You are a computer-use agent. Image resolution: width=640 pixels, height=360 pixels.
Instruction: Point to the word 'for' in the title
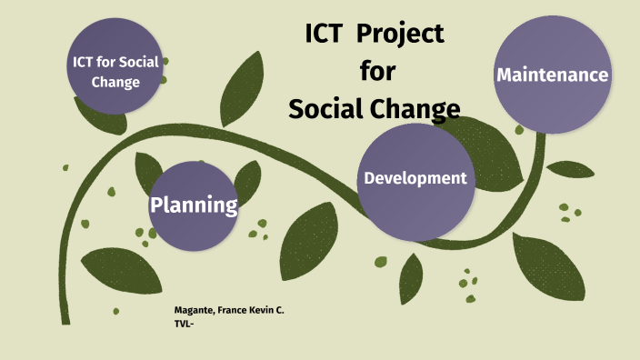tap(377, 71)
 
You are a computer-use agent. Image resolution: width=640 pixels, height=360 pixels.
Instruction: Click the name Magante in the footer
tap(193, 311)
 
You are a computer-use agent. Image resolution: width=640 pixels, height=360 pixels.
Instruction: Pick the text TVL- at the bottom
tap(185, 323)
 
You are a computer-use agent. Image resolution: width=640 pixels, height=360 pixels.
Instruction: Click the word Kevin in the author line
tap(259, 311)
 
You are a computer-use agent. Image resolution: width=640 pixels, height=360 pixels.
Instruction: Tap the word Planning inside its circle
tap(194, 205)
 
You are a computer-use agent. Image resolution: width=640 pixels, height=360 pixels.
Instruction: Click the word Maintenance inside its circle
tap(552, 75)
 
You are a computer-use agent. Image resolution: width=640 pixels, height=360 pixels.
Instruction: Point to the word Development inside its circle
tap(415, 177)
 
